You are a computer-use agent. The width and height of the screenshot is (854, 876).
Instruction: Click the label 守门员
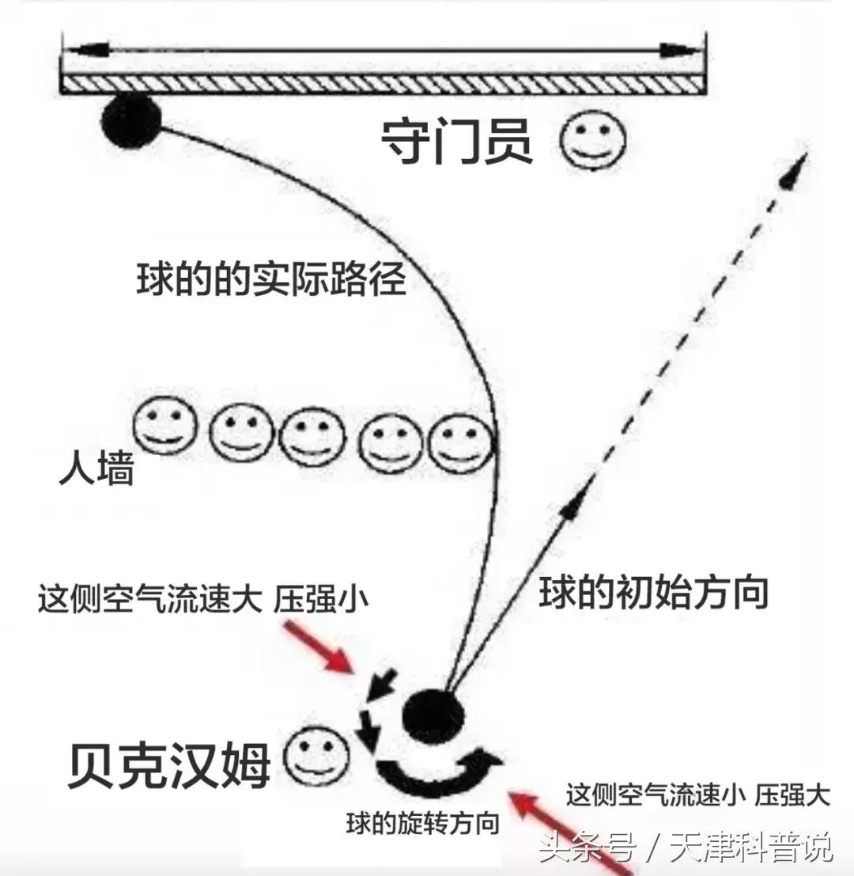point(457,142)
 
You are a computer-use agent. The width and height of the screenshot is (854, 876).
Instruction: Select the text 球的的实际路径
point(271,279)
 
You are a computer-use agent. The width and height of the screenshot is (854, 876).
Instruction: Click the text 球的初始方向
point(654,592)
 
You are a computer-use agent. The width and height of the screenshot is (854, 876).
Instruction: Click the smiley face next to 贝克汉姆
point(316,758)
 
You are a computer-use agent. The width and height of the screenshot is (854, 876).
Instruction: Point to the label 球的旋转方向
point(422,824)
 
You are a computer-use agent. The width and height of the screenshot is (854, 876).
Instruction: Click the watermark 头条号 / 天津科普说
point(686,850)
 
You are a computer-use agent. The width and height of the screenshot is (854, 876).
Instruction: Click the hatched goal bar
point(382,81)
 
